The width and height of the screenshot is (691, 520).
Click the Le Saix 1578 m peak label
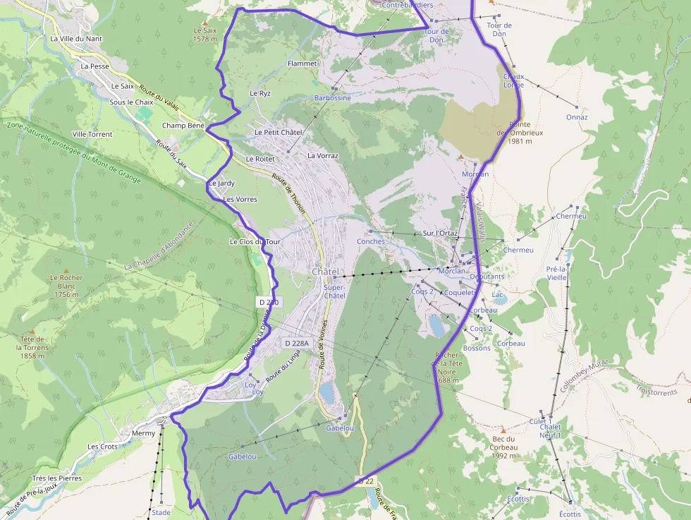205,35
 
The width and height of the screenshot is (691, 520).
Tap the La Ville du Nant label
76,39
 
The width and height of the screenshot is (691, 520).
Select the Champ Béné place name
183,126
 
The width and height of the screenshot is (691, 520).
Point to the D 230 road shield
269,302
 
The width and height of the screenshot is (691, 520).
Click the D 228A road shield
296,343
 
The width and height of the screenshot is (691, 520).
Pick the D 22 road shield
365,481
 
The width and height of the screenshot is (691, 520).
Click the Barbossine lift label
332,98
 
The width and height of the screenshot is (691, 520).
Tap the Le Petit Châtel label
278,132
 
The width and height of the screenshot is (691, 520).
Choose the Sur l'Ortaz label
440,233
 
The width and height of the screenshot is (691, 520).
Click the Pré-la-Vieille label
556,273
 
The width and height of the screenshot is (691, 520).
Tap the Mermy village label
143,433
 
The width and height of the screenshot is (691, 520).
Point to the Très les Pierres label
56,478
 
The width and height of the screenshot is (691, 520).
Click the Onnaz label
576,117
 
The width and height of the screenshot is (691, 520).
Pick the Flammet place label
302,64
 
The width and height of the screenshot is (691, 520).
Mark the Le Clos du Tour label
255,241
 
